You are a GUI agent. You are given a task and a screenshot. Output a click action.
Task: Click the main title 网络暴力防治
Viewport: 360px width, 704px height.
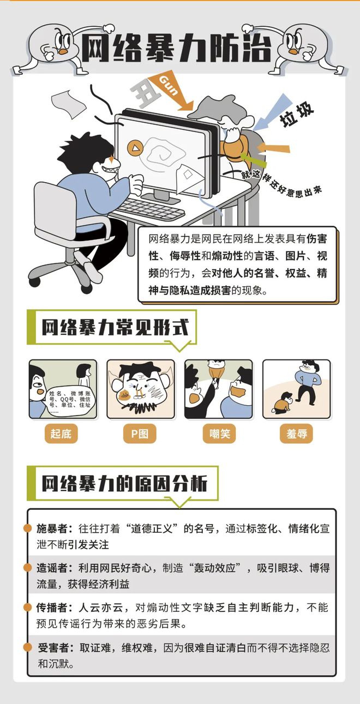point(176,48)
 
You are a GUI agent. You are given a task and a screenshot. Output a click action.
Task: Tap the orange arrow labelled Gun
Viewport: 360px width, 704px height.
point(171,91)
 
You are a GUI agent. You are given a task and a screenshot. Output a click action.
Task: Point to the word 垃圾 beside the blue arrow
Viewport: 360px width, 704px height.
point(297,114)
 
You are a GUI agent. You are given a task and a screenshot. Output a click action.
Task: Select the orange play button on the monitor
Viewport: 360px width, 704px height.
point(135,147)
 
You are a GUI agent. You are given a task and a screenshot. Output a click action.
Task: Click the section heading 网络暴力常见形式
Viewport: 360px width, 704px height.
point(116,327)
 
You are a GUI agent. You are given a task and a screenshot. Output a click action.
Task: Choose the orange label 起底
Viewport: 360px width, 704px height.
point(61,434)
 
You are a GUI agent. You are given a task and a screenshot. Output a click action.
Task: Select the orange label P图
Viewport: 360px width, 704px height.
point(140,434)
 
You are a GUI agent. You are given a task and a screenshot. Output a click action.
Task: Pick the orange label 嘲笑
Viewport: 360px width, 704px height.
point(219,434)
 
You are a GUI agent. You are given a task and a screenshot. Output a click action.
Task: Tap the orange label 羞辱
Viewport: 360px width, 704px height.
point(297,434)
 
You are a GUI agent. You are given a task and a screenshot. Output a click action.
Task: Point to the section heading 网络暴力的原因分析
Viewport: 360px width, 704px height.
point(124,483)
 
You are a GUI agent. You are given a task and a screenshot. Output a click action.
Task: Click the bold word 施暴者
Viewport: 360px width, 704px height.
point(52,528)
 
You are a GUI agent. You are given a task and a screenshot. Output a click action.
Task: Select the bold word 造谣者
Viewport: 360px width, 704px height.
point(52,568)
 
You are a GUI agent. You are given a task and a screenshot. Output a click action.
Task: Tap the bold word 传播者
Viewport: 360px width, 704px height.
point(52,607)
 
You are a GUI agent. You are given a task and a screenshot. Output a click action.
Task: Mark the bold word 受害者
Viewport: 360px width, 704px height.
point(53,648)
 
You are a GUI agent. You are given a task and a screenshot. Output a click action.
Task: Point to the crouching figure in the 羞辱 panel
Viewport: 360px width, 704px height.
point(283,402)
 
